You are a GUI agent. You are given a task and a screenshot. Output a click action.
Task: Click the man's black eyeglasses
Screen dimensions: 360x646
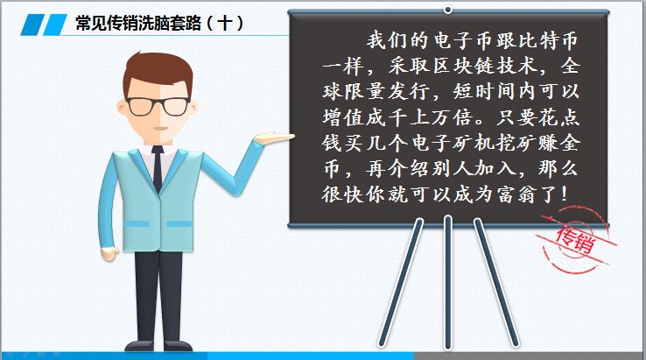[x=159, y=107]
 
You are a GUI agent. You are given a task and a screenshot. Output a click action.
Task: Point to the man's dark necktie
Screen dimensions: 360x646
[x=158, y=166]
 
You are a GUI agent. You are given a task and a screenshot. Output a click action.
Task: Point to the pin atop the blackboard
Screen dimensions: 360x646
[x=448, y=9]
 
